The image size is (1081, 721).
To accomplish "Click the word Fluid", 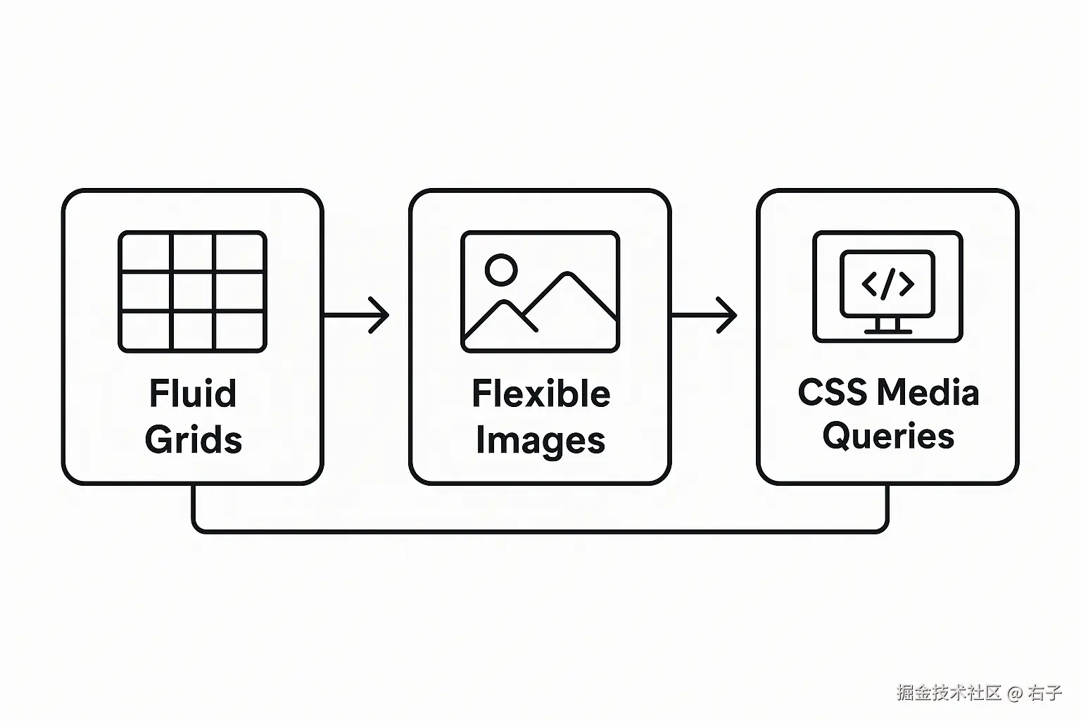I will pos(192,393).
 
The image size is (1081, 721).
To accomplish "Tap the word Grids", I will pos(194,439).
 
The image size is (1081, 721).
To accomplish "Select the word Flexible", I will pos(540,393).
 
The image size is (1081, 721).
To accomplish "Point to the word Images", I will pos(540,441).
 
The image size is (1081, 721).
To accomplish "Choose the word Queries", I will pos(888,436).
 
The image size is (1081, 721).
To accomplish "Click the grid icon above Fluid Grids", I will pos(192,291).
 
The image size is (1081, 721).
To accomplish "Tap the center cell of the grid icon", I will pos(192,291).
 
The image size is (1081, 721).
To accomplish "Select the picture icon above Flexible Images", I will pos(540,291).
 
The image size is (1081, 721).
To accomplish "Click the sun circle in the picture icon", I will pos(501,270).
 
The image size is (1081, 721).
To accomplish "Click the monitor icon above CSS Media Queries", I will pos(887,287).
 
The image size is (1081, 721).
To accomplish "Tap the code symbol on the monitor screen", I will pos(887,284).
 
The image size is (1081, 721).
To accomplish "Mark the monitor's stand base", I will pos(887,330).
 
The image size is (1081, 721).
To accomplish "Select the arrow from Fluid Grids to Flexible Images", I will pos(357,315).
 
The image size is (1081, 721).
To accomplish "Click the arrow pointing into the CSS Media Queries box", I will pos(704,315).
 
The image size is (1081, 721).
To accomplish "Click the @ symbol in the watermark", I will pos(1014,693).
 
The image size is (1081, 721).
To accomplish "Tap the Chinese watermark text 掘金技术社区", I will pos(949,693).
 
